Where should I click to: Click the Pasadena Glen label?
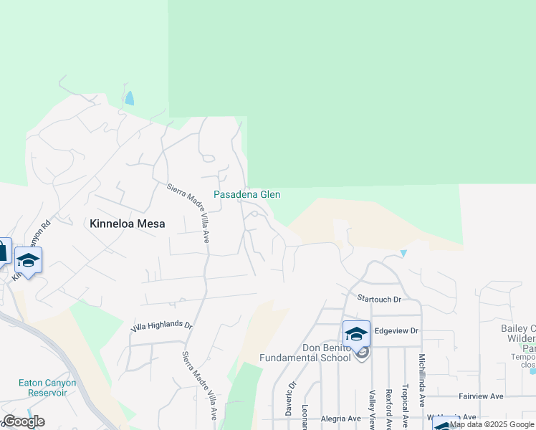pos(247,194)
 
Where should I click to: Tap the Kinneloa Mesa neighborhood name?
pos(128,224)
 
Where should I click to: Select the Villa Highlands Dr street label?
pos(162,326)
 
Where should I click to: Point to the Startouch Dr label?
pos(380,297)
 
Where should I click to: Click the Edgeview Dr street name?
pos(396,330)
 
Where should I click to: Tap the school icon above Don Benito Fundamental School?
pos(356,333)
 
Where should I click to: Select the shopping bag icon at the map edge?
pos(3,251)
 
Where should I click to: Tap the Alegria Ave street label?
pos(342,419)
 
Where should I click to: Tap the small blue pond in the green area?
pos(130,99)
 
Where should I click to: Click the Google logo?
pos(24,421)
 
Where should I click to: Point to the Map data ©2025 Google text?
pos(492,425)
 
